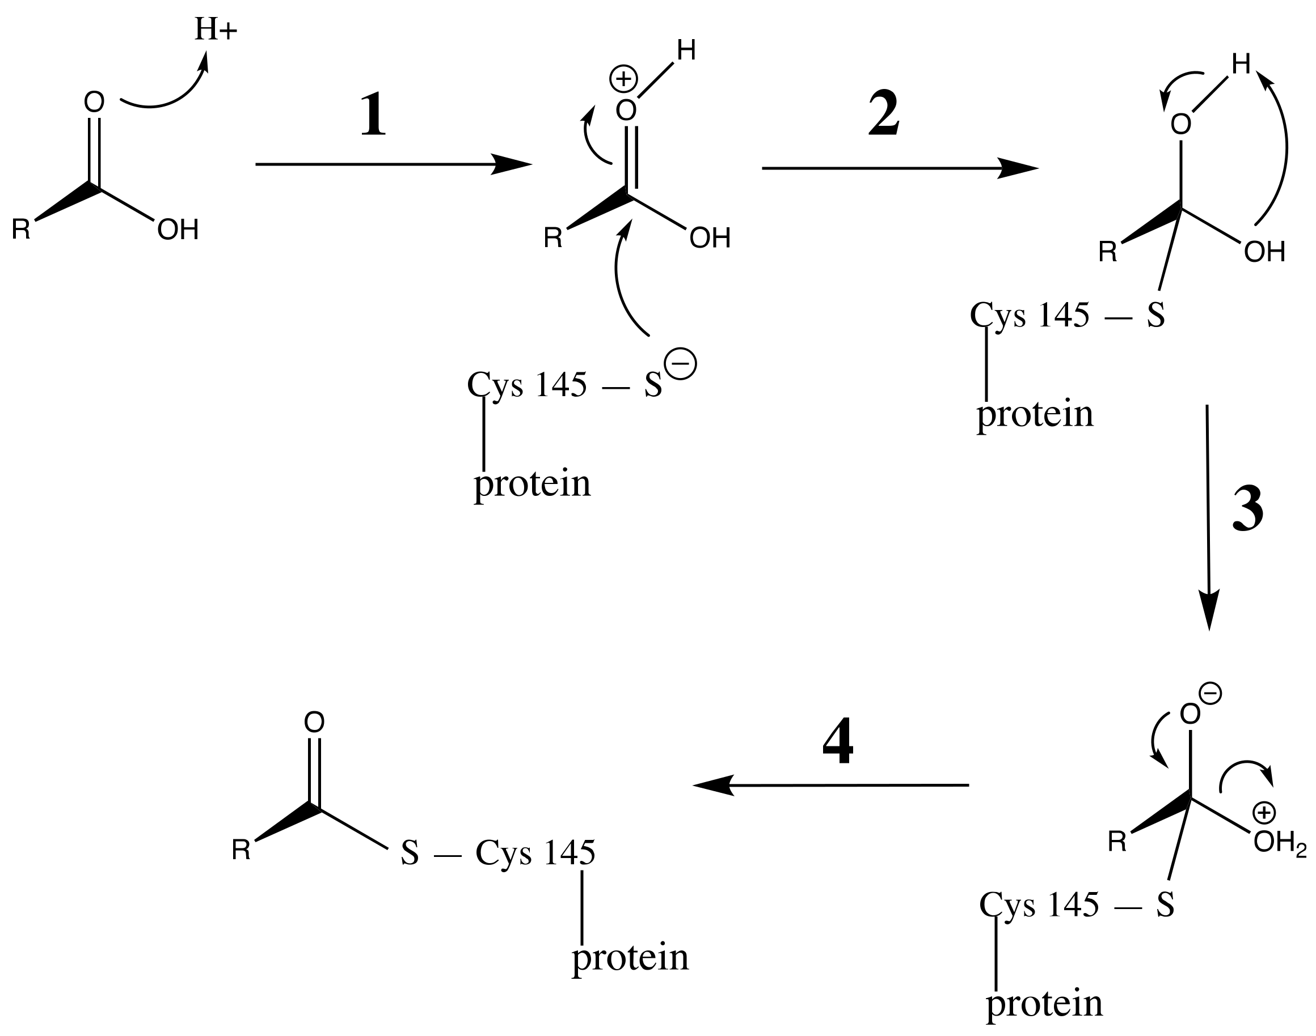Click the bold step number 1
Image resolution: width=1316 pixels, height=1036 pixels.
tap(373, 114)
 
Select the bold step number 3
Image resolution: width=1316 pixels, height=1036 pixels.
tap(1247, 509)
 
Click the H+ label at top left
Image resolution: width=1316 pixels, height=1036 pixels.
tap(216, 29)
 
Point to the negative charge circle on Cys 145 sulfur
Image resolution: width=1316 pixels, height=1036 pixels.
tap(681, 363)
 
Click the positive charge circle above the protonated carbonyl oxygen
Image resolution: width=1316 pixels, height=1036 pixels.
tap(623, 79)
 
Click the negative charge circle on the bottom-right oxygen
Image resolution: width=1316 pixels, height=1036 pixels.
tap(1210, 694)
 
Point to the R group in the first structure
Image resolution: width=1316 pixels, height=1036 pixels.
tap(21, 230)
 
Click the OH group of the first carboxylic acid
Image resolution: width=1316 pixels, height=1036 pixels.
tap(178, 230)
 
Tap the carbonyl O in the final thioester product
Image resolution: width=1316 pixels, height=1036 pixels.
tap(314, 722)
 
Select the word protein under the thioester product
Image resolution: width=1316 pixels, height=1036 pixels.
tap(630, 958)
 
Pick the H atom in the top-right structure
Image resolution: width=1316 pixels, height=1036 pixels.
tap(1241, 63)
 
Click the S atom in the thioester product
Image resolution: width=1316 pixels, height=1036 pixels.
tap(410, 853)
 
